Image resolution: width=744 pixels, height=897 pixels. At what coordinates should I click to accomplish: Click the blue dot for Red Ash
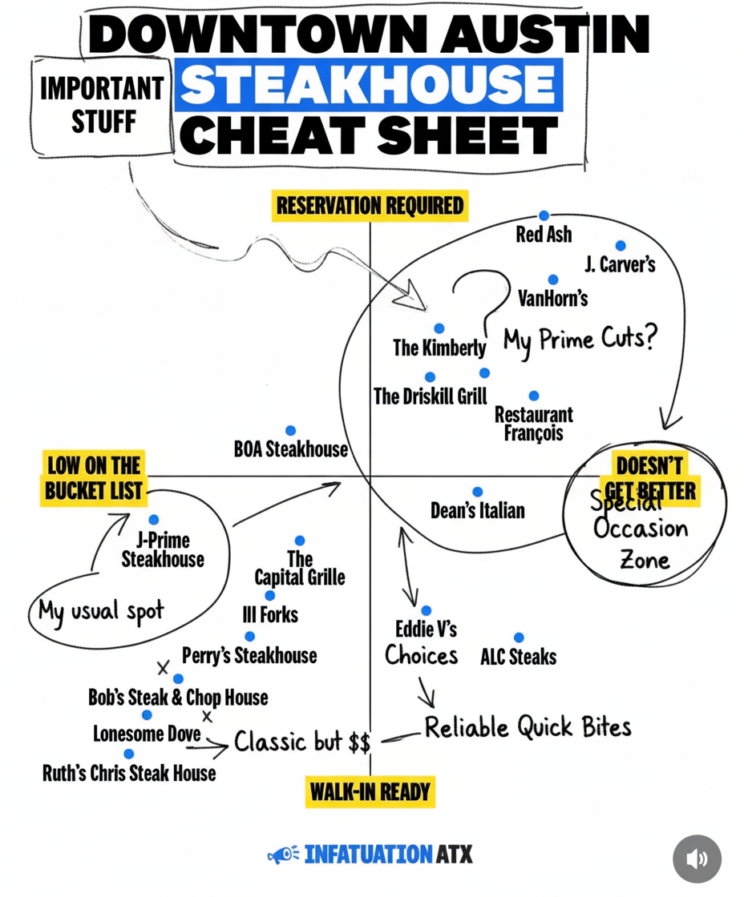coord(544,215)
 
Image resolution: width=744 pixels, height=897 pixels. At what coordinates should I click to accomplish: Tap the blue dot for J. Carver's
coord(621,245)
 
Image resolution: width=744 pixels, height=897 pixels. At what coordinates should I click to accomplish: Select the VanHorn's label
coord(552,298)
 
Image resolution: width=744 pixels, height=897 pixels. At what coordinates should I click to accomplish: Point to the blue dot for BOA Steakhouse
coord(290,430)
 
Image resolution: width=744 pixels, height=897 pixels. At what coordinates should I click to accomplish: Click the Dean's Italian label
coord(477,510)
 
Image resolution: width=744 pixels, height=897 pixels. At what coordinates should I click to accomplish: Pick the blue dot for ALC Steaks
coord(519,638)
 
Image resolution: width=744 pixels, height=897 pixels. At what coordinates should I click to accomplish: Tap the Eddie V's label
coord(427,630)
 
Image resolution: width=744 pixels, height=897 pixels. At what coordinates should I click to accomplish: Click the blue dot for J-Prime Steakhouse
coord(153,520)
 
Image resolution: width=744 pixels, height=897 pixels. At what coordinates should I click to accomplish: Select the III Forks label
coord(269,615)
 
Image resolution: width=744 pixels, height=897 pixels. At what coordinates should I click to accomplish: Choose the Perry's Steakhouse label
coord(249,656)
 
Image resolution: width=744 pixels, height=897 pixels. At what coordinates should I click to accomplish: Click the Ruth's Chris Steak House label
coord(129,774)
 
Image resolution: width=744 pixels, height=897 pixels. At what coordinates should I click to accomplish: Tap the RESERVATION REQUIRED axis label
coord(370,206)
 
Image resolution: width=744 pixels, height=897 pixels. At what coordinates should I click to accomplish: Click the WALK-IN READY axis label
coord(370,792)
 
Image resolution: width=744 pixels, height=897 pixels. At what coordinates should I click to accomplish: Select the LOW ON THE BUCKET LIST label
coord(93,478)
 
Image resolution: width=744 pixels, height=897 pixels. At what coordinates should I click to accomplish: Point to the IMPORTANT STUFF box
coord(102,106)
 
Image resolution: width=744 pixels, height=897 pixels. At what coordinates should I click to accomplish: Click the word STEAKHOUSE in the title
coord(368,85)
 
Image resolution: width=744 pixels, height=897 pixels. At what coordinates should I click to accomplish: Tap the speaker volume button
coord(697,859)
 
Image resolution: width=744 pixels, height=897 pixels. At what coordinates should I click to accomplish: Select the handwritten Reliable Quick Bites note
coord(528,727)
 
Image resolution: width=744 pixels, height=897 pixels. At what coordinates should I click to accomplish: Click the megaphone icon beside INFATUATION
coord(282,855)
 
